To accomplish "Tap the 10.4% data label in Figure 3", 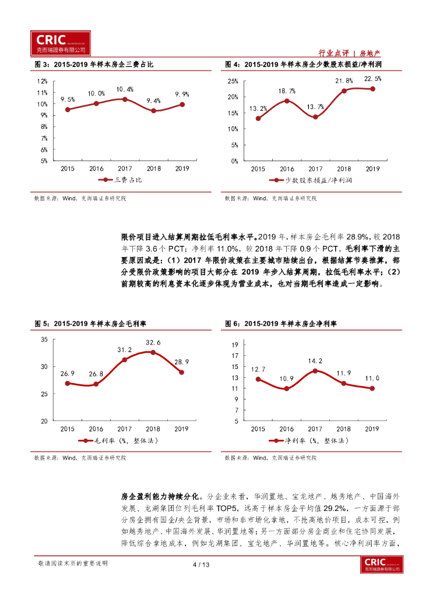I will [x=124, y=89].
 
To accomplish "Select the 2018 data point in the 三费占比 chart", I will [x=153, y=110].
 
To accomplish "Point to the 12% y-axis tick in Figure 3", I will [x=42, y=81].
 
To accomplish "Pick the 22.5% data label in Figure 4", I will [x=372, y=78].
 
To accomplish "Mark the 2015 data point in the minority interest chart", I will [x=258, y=119].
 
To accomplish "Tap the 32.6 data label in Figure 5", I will [x=153, y=342].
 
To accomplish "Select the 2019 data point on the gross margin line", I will [x=182, y=372].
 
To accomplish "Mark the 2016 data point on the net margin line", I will [x=287, y=388].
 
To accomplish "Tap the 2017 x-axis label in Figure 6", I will [x=315, y=428].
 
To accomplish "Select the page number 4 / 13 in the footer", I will [x=200, y=564].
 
